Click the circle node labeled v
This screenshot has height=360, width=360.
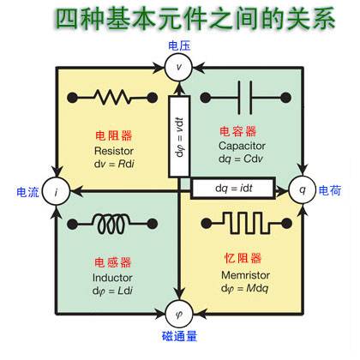[179, 64]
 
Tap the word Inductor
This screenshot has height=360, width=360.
[113, 277]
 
